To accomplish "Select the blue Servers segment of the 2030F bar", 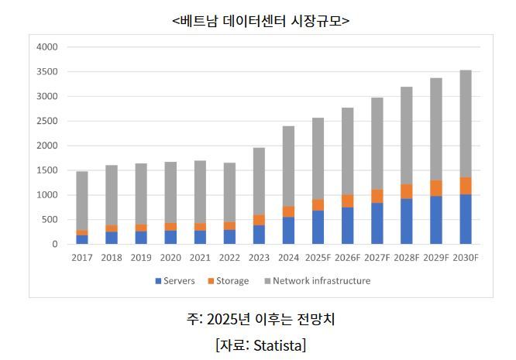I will coord(465,219).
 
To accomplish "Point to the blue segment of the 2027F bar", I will coord(377,223).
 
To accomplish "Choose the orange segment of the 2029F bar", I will coord(435,188).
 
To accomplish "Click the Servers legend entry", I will coord(174,281).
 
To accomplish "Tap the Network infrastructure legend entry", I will coord(318,281).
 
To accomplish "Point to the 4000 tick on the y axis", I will coord(47,47).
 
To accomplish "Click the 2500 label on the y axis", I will coord(47,122).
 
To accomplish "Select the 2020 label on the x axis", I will coord(170,258).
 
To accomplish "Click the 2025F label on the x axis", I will coord(318,258).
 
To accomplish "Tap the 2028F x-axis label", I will coord(406,258).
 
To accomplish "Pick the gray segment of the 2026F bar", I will coord(347,151).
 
